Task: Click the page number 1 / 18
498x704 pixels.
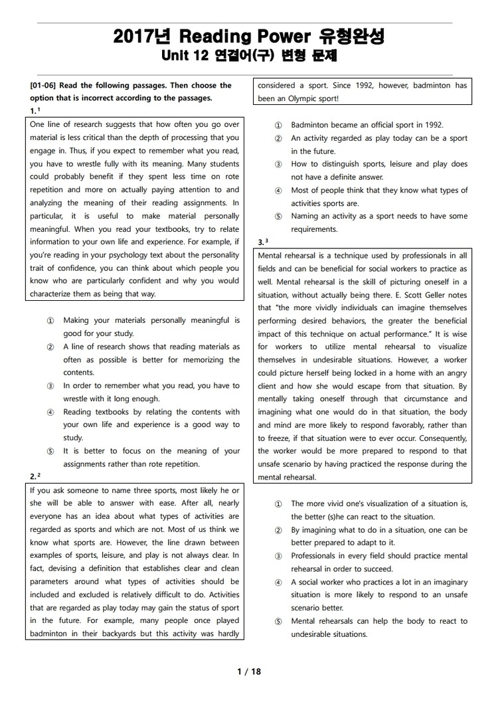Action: pos(249,671)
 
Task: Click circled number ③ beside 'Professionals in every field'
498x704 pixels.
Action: pos(278,555)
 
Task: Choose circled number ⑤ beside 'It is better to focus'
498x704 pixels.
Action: pos(50,451)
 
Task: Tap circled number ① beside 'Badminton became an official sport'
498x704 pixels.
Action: pos(278,125)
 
